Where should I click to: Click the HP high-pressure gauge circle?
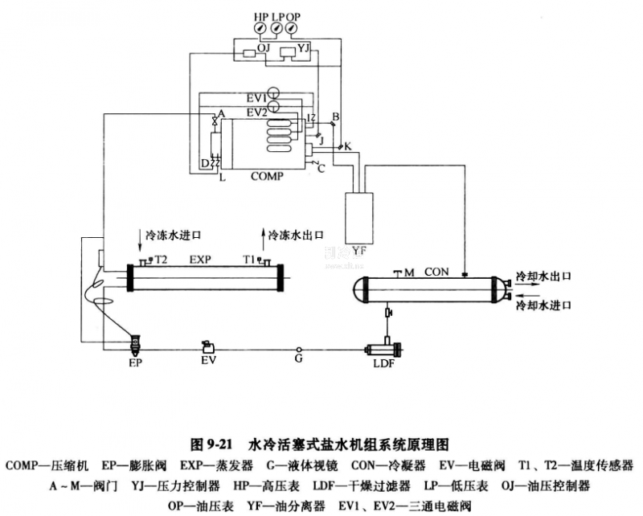[262, 29]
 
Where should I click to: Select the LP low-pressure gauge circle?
[277, 29]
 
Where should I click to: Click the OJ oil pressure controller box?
[245, 53]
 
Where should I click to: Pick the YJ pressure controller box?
[285, 53]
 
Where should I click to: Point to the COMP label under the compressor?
[267, 175]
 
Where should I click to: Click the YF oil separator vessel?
[358, 217]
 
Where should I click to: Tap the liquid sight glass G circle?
[298, 350]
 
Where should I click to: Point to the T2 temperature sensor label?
[161, 260]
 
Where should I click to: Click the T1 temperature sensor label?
[249, 260]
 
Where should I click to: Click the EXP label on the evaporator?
[200, 260]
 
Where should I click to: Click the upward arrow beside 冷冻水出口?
[262, 235]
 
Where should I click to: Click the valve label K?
[347, 145]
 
